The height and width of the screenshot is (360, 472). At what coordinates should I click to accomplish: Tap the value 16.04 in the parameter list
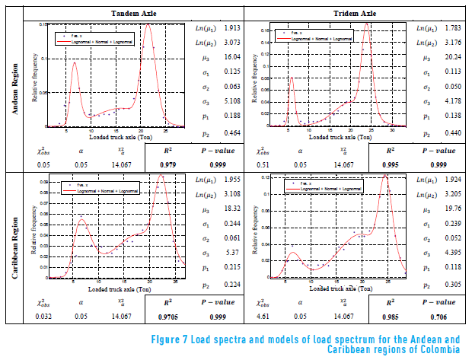(232, 57)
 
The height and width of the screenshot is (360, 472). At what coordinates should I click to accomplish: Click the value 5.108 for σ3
(232, 101)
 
